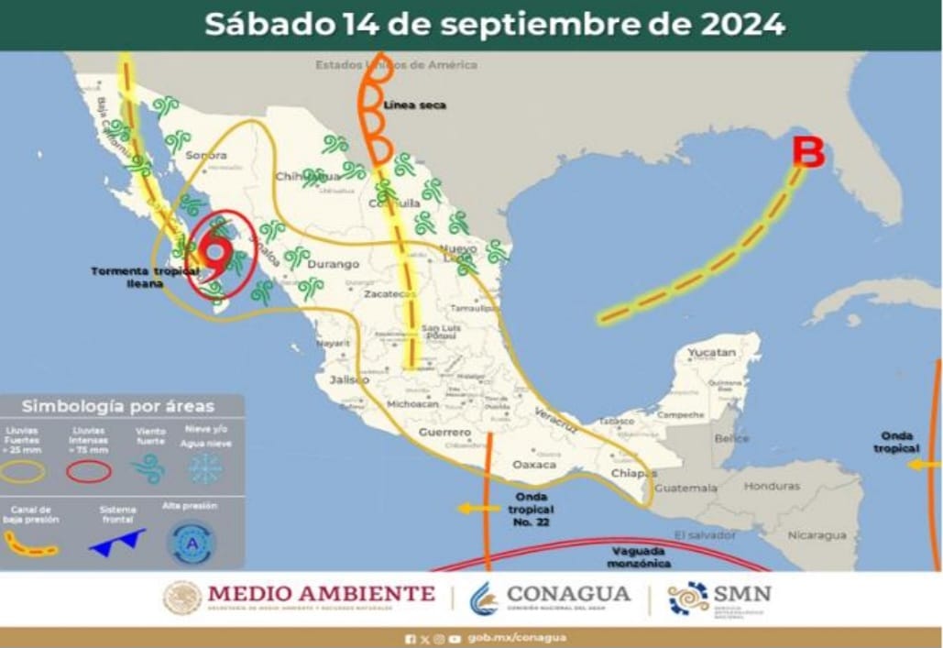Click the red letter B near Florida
[x=808, y=152]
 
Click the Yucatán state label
[x=712, y=352]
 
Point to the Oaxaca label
[x=534, y=465]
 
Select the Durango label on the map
[x=333, y=264]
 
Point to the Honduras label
[x=772, y=486]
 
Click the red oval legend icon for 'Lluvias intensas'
[x=90, y=470]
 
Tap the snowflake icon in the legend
[x=205, y=469]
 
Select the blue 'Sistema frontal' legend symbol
[x=117, y=541]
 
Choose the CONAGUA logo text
[x=568, y=594]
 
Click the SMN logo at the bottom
[x=719, y=598]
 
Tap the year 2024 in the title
[x=743, y=25]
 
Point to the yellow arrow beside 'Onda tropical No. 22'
[x=473, y=508]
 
